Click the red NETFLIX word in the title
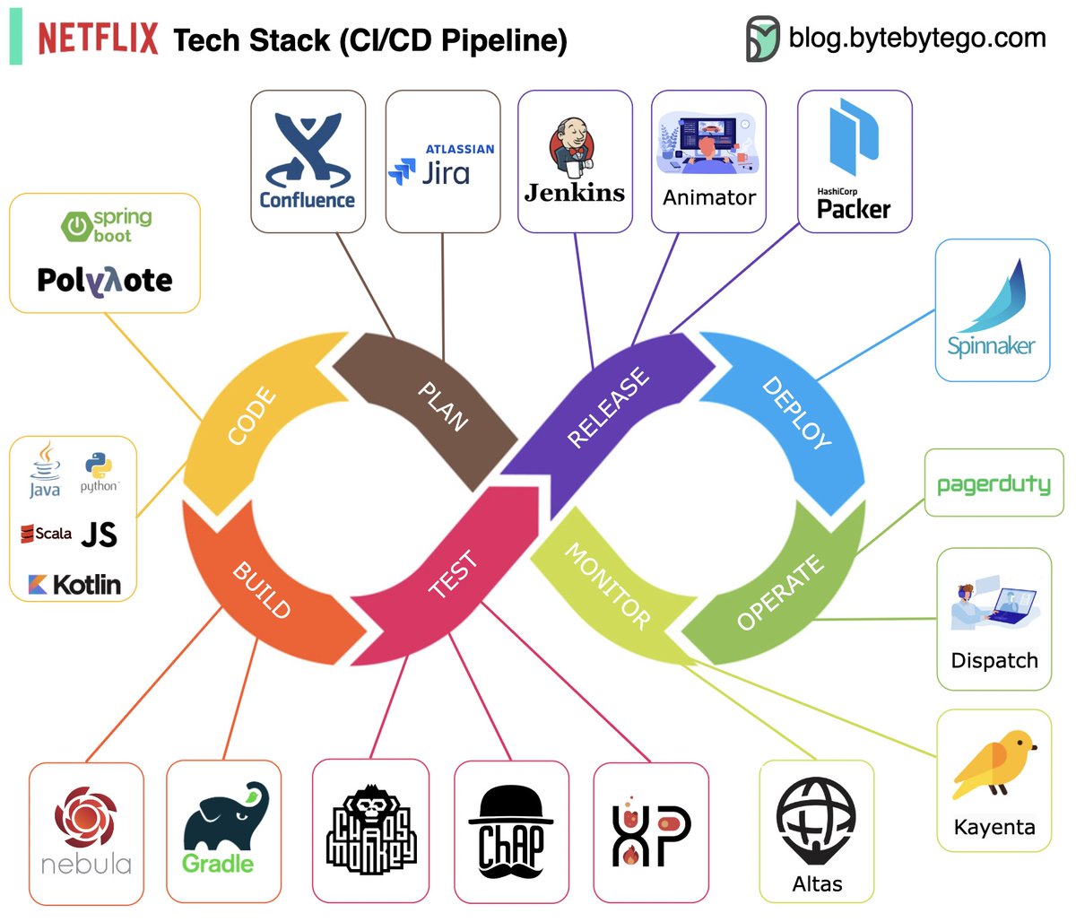(x=97, y=39)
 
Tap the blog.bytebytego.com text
(x=916, y=38)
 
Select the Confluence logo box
(x=308, y=161)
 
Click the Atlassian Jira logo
(x=442, y=166)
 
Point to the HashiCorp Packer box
(x=854, y=161)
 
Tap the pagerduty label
(x=993, y=484)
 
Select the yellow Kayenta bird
(x=994, y=764)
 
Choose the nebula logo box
(x=86, y=832)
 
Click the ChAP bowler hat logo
(x=510, y=830)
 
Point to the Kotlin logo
(x=74, y=585)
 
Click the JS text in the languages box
(x=99, y=535)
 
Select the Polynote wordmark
(x=105, y=281)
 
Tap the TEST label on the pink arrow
(x=453, y=575)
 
